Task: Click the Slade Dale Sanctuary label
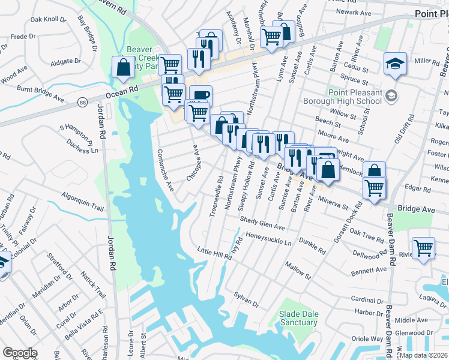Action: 298,318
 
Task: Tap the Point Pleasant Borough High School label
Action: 355,97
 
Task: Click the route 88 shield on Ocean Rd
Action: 81,103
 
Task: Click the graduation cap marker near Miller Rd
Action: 395,64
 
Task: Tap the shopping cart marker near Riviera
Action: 423,247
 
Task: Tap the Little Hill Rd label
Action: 214,253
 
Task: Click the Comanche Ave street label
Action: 165,170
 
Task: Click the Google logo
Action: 19,353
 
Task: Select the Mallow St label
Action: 298,268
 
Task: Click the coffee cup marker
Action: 200,95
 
